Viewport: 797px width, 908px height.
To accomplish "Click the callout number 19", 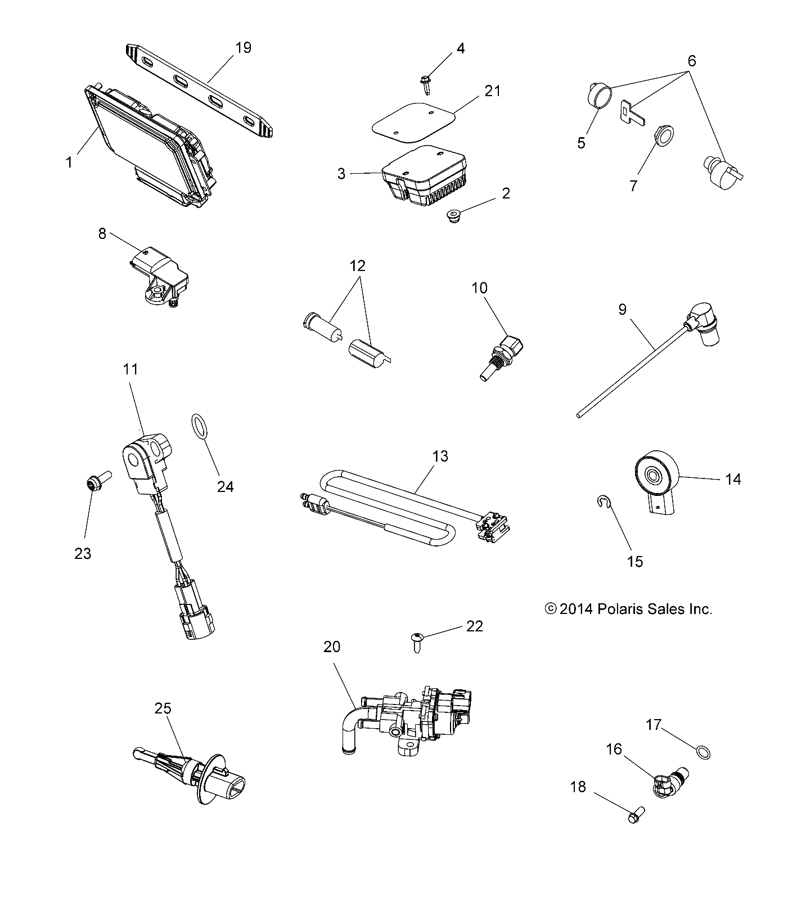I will click(x=243, y=48).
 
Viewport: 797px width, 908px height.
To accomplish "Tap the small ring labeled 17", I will click(x=703, y=752).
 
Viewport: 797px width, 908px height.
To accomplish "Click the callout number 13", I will click(x=440, y=456).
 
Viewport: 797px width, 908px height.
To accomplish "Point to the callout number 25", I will click(x=163, y=708).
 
